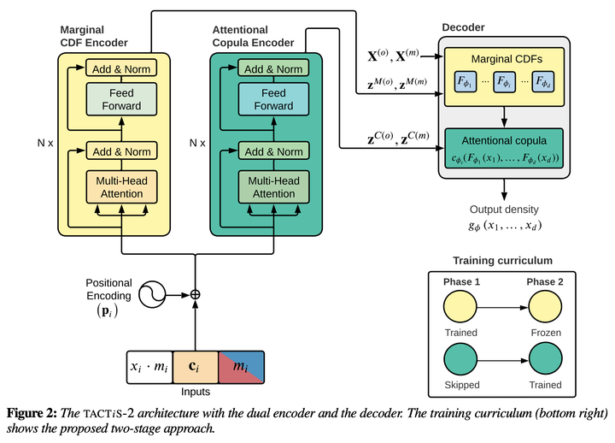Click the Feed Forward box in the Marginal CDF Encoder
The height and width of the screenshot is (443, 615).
121,99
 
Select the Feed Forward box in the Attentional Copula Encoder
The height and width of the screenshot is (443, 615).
274,99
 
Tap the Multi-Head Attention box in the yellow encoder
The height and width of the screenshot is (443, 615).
121,187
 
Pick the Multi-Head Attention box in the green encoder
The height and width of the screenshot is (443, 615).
274,187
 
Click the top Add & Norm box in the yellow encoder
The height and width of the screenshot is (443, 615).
121,68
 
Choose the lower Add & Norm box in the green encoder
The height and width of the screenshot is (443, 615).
274,151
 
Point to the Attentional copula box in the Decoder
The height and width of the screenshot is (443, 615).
504,149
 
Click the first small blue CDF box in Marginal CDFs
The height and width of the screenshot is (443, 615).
466,82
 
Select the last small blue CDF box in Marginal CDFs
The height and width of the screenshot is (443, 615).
543,82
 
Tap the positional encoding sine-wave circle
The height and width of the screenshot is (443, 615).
152,294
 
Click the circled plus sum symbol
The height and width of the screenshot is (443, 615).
195,294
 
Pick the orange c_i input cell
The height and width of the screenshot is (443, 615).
196,367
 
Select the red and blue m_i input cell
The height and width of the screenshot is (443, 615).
241,367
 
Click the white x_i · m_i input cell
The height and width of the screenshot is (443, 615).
149,367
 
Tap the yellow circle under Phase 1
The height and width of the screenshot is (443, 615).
460,307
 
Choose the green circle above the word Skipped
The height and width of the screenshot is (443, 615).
461,359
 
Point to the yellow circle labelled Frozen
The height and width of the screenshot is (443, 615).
545,307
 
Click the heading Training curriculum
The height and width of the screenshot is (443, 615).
503,261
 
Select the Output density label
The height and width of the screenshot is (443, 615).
504,210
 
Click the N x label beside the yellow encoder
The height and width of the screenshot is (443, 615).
45,143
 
